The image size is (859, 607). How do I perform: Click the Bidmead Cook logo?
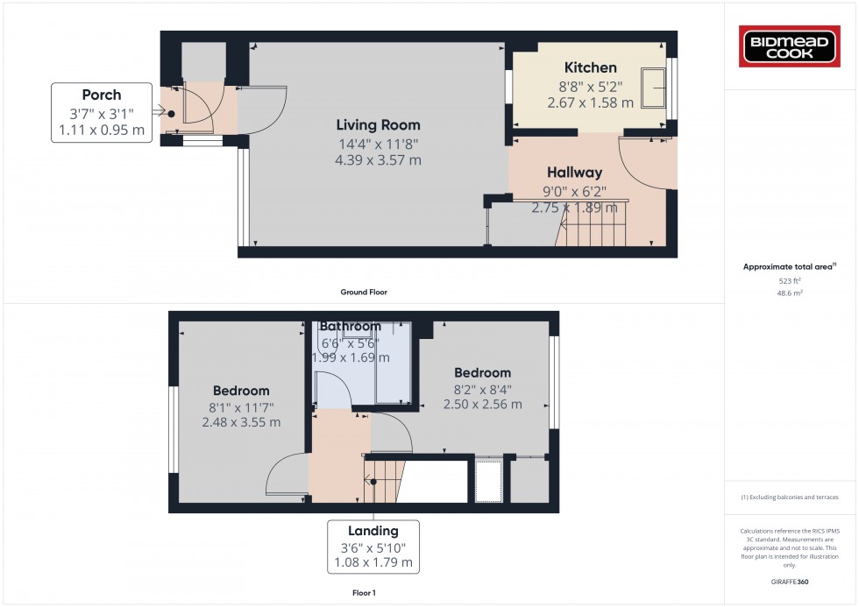(x=792, y=46)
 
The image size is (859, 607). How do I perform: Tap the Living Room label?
(x=378, y=125)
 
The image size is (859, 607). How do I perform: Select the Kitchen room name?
(x=590, y=67)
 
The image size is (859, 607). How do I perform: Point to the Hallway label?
(x=575, y=173)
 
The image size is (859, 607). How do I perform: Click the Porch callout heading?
(x=102, y=95)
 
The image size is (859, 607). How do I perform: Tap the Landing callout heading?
(x=373, y=530)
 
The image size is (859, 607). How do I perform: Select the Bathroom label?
(x=350, y=327)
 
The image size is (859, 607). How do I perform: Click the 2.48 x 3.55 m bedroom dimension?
(x=241, y=422)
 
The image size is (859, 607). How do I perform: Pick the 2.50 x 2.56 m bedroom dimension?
(x=482, y=405)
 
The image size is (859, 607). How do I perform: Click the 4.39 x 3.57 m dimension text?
(x=378, y=160)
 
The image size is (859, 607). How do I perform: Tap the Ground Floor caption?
(x=364, y=292)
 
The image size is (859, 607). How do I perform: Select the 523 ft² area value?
(x=791, y=280)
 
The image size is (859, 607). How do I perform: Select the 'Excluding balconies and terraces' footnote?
(x=791, y=497)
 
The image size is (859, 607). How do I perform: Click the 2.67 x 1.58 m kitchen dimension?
(x=590, y=102)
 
